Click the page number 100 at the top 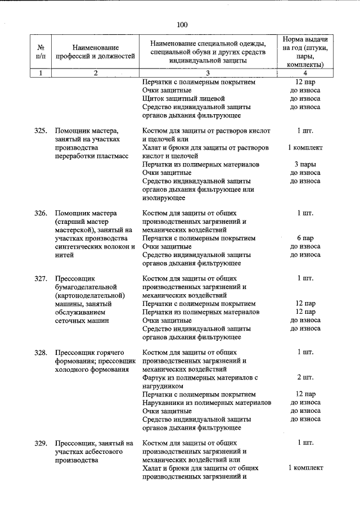(x=181, y=24)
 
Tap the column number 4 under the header (x=305, y=73)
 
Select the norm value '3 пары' (x=305, y=164)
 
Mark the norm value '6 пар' (x=305, y=238)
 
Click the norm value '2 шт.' (x=305, y=377)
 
